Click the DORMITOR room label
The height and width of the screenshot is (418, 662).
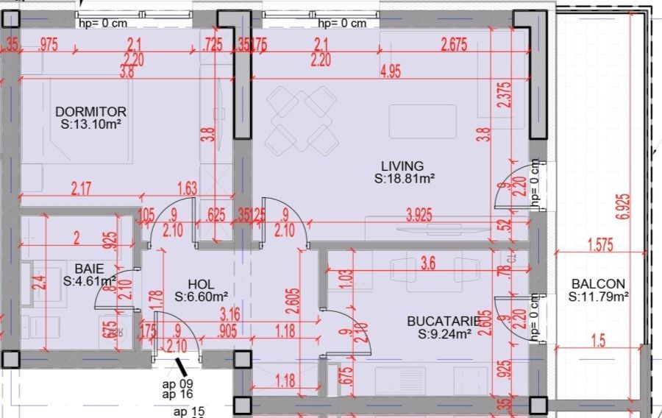pos(90,112)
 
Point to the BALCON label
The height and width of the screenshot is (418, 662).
pos(598,284)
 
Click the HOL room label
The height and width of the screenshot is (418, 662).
pos(201,283)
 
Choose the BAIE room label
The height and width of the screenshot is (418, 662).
pos(89,269)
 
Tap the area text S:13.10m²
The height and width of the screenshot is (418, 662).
pos(91,125)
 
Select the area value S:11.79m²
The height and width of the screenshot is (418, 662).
pos(598,297)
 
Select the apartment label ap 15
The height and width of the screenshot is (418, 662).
pos(189,412)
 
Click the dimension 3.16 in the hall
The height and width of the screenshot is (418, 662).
pos(229,316)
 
